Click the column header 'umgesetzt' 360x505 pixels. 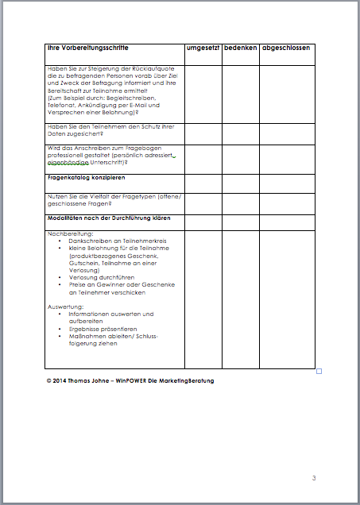point(203,48)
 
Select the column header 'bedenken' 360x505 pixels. point(240,48)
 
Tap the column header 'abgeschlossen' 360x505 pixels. point(286,48)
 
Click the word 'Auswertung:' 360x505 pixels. point(65,306)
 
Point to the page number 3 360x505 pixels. point(314,478)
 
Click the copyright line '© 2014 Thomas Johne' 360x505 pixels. point(79,380)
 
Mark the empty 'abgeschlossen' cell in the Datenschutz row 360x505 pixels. point(286,133)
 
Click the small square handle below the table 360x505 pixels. point(319,371)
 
